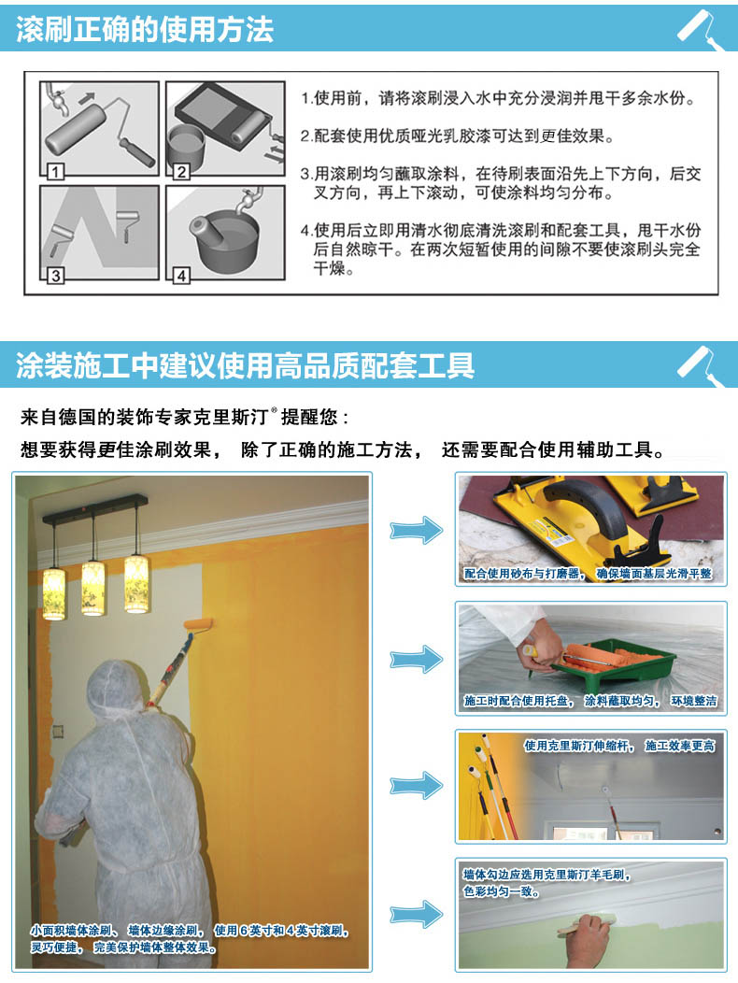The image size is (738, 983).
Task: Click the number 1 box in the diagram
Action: [x=56, y=171]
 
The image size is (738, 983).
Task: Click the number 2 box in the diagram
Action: [x=181, y=171]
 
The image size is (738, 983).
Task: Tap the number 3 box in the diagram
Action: [x=56, y=276]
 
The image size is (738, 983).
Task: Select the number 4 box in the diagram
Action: [x=181, y=276]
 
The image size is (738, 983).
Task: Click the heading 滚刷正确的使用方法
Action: [x=145, y=30]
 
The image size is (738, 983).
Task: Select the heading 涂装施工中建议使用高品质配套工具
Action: [x=245, y=365]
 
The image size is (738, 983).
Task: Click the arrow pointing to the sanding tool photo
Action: [x=417, y=531]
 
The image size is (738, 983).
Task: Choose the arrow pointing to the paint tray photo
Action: [x=417, y=659]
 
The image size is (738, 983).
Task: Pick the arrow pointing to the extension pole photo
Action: [x=417, y=786]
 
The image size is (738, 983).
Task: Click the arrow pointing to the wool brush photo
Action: [x=417, y=915]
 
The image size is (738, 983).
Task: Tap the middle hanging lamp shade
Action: [x=93, y=588]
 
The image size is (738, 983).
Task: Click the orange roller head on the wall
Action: [x=197, y=625]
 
